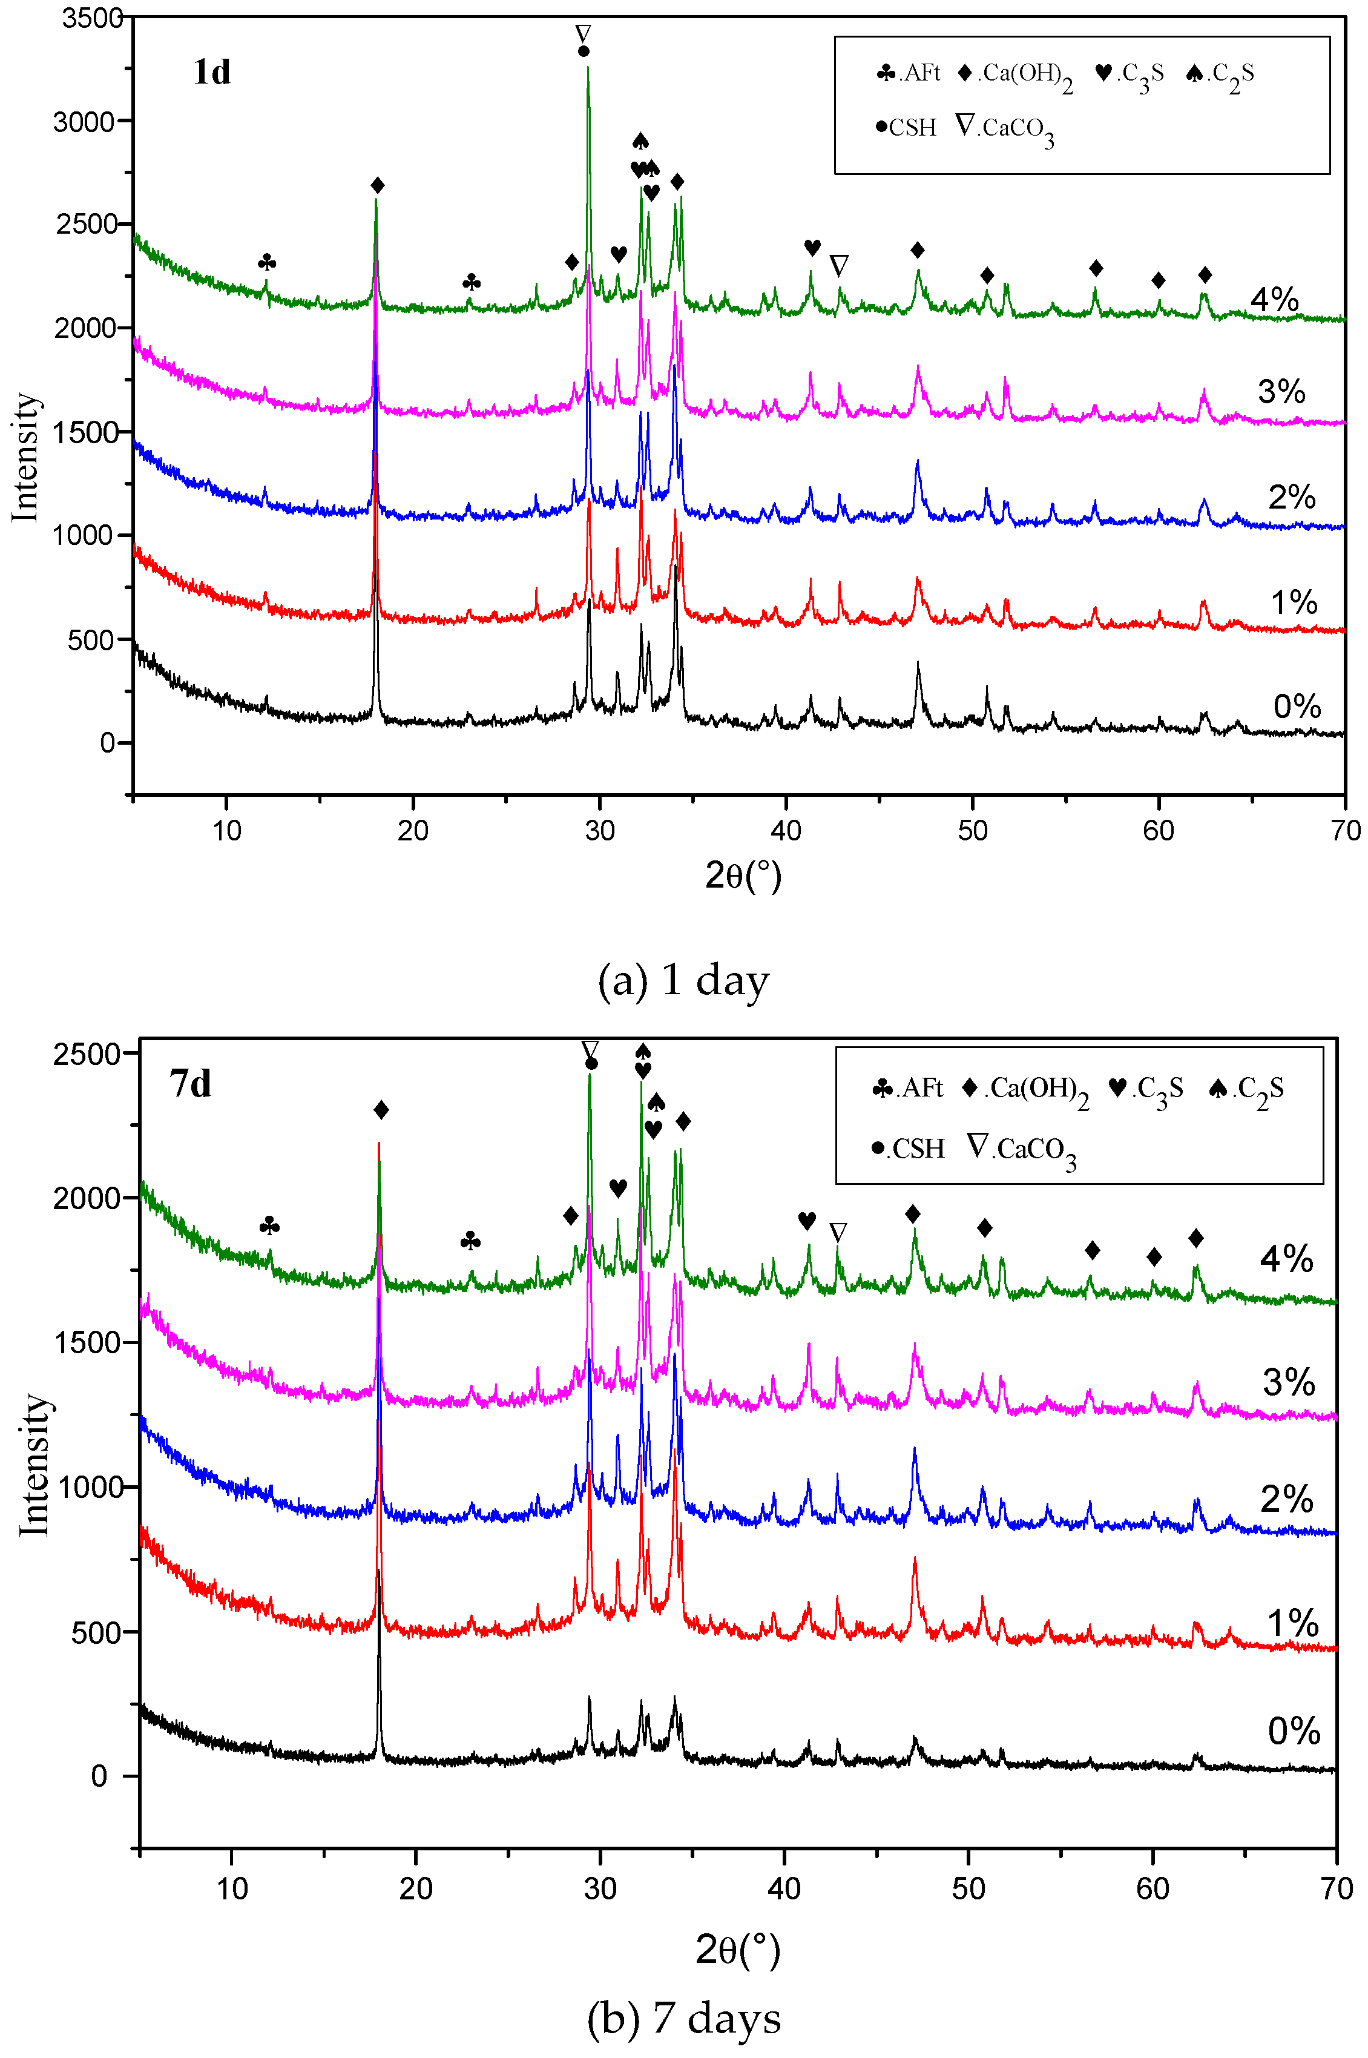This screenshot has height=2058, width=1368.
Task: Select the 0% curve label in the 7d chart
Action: pos(1294,1730)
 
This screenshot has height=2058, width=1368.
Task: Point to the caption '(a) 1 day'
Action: pos(683,980)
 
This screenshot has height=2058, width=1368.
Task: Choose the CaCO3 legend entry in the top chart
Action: pos(1005,129)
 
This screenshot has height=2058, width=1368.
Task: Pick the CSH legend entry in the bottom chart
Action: pos(908,1148)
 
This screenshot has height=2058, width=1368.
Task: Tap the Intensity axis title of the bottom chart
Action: pos(33,1465)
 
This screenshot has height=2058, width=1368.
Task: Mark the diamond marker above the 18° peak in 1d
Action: pos(378,186)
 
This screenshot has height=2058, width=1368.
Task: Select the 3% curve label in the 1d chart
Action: pos(1281,392)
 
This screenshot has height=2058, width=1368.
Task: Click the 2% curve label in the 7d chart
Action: pos(1287,1499)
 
